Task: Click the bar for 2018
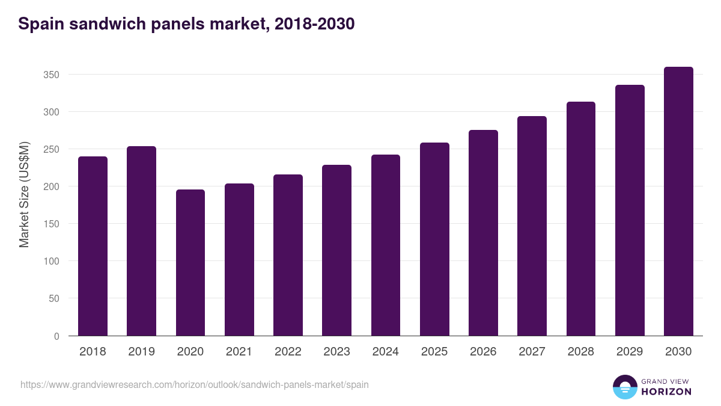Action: point(93,246)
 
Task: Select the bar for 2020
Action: point(190,263)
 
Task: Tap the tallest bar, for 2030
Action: point(678,201)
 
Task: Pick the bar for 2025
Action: point(434,239)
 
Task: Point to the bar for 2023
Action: point(336,250)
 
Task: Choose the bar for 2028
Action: point(581,219)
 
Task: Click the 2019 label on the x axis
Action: point(141,352)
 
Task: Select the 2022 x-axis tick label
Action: point(288,352)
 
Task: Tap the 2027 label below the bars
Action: point(532,352)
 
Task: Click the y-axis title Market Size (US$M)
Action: point(24,194)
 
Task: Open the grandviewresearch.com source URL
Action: point(195,384)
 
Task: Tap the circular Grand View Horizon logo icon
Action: point(624,387)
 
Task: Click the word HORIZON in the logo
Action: point(666,392)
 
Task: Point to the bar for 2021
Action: point(239,260)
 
